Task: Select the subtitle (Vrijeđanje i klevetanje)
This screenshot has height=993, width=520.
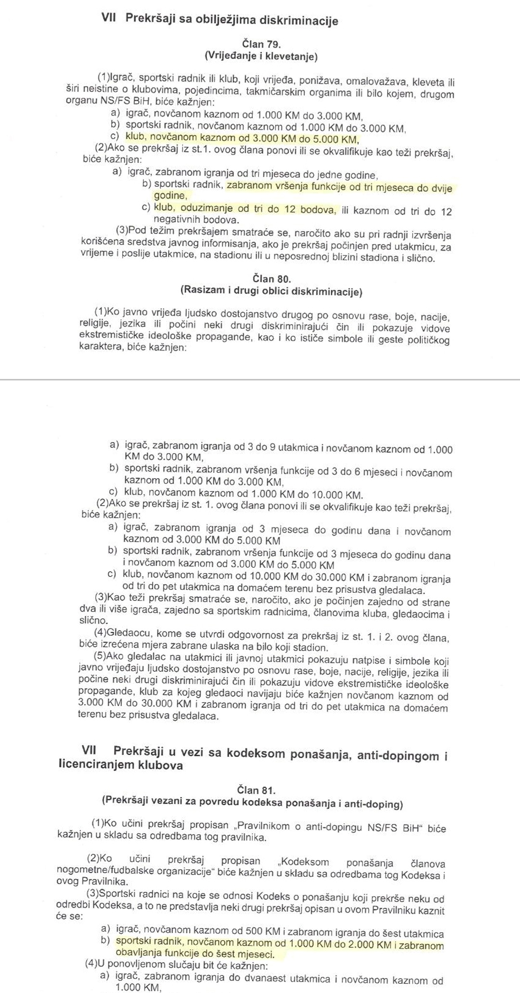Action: click(x=260, y=56)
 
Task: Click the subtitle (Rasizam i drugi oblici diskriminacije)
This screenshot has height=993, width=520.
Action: click(x=271, y=291)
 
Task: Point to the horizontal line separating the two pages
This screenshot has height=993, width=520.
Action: click(x=260, y=379)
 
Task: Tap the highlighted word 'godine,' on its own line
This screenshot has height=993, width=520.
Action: click(x=170, y=196)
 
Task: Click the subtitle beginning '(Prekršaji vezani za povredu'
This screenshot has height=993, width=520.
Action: click(x=252, y=802)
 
